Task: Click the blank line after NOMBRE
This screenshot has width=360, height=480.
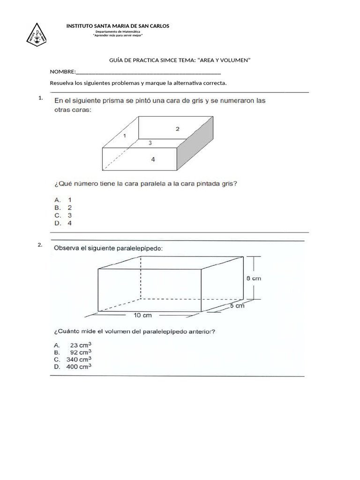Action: (148, 73)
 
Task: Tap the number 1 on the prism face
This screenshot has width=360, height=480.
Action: (124, 135)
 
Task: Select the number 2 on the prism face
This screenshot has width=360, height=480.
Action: (177, 128)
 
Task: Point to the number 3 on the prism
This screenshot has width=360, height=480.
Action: (150, 142)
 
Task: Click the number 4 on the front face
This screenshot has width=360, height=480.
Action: (153, 159)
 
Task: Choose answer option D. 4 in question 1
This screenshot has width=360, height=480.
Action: (63, 224)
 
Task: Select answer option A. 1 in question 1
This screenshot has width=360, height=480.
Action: (63, 199)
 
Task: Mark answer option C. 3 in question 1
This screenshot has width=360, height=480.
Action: (63, 216)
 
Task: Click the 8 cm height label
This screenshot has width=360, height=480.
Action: (254, 278)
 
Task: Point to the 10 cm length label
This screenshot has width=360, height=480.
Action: (143, 315)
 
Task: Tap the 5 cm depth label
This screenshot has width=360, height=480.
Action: (237, 306)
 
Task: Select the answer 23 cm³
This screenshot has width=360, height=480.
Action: (80, 345)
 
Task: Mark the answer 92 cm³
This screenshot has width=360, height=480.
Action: (80, 352)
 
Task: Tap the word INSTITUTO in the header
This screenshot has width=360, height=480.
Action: (80, 26)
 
